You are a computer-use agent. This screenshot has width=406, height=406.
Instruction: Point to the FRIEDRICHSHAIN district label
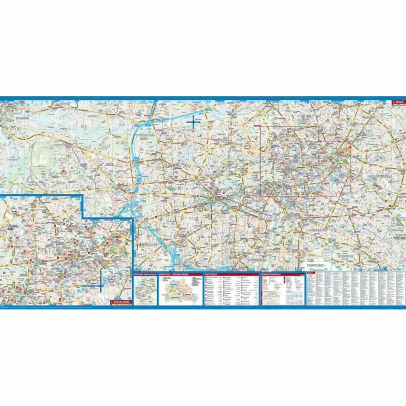379,176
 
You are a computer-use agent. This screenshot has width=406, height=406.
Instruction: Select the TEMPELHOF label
317,265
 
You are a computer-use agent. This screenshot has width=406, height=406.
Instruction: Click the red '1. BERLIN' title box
398,103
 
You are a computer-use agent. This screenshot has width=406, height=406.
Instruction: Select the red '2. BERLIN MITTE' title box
120,302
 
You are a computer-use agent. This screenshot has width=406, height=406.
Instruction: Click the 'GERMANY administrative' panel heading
145,274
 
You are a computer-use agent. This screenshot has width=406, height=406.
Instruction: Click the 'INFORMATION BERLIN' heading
272,274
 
